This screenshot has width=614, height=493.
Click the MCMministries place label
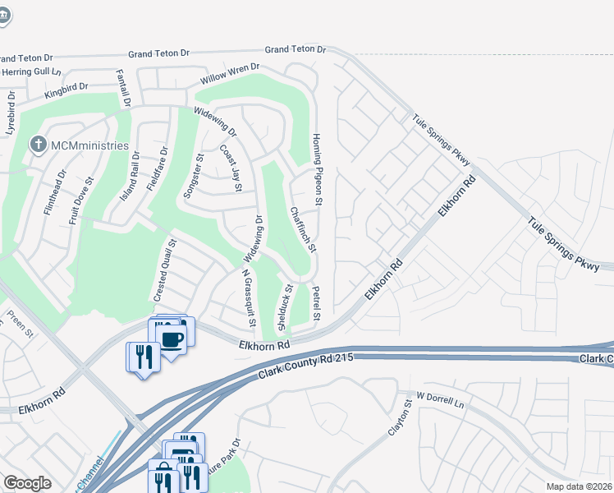coord(89,145)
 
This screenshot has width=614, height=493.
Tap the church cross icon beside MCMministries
coord(38,145)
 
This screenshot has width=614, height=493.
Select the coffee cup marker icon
coord(171,339)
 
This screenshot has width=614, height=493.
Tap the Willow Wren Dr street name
coord(231,76)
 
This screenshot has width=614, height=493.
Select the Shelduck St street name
coord(285,307)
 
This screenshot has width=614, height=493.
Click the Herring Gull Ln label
coord(31,71)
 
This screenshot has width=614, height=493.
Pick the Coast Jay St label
coord(231,168)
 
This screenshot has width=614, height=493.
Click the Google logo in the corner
coord(27,483)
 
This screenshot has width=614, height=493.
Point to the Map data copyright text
coord(580,486)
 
